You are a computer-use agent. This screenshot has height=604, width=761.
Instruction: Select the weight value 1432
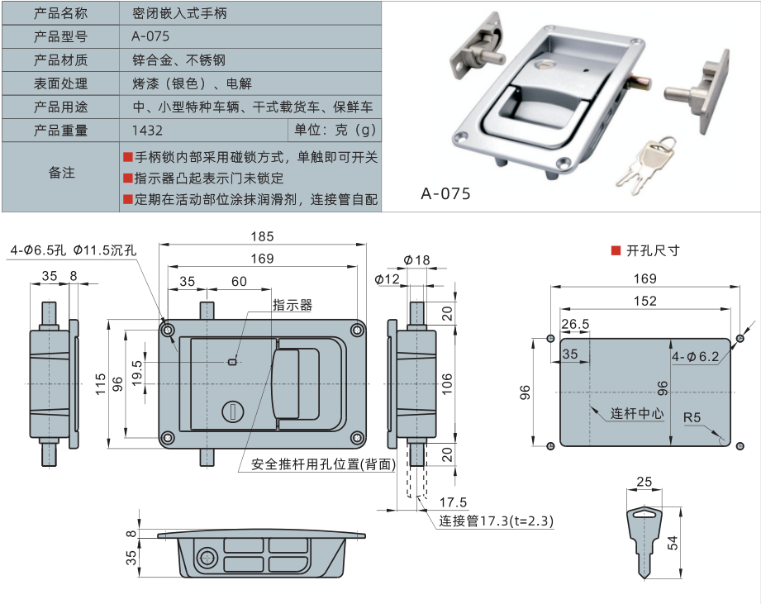click(147, 131)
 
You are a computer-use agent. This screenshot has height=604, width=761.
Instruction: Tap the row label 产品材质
click(60, 60)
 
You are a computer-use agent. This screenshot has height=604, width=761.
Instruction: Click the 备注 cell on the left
click(61, 173)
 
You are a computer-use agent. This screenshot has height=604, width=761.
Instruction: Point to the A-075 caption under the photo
click(445, 193)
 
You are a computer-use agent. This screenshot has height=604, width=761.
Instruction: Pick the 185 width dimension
click(263, 236)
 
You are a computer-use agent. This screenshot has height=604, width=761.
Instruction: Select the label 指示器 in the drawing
click(293, 306)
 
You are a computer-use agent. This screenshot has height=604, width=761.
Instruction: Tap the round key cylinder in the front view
click(232, 411)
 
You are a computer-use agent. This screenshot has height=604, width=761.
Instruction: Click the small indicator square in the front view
click(232, 361)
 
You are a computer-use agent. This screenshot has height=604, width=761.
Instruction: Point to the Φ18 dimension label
click(416, 260)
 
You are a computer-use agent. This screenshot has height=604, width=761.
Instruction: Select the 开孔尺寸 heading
click(653, 250)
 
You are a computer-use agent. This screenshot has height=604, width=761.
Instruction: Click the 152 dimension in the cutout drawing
click(644, 302)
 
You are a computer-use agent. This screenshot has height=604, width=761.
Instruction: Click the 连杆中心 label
click(637, 413)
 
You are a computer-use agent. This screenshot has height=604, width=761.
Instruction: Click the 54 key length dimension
click(673, 542)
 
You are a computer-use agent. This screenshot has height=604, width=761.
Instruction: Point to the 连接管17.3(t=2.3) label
click(496, 521)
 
